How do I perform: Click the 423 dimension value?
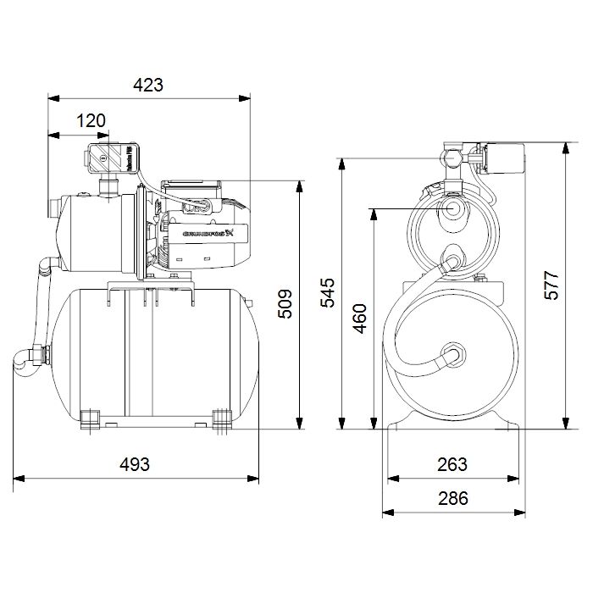(147, 85)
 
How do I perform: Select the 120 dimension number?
(91, 120)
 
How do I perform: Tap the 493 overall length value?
(134, 464)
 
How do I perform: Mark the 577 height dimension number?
(551, 285)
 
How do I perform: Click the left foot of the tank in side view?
(90, 418)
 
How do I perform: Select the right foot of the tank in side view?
(221, 418)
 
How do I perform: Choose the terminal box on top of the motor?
(192, 188)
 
